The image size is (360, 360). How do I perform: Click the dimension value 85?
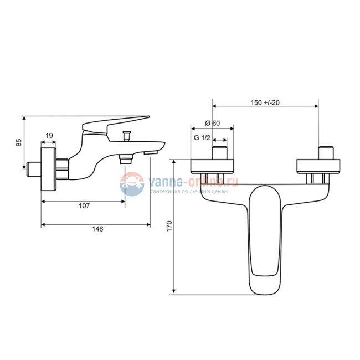(19, 142)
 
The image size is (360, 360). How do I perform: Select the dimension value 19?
(49, 136)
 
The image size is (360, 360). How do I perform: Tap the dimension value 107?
(84, 205)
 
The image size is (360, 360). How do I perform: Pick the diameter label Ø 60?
(212, 122)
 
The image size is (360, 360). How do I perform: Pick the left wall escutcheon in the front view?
(212, 166)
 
